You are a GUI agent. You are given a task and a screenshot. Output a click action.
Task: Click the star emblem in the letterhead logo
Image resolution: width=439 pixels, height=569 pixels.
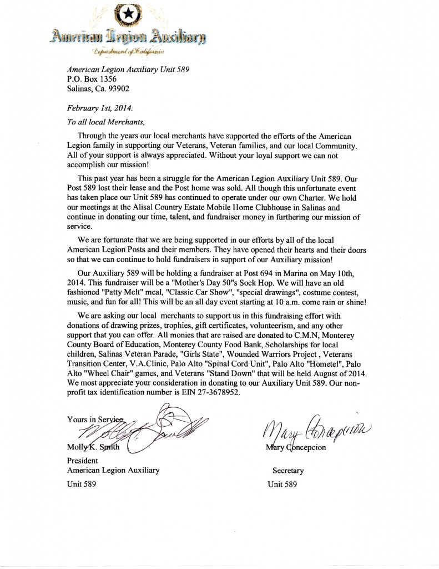click(128, 15)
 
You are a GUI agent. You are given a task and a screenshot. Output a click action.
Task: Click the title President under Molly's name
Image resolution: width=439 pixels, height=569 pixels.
click(82, 461)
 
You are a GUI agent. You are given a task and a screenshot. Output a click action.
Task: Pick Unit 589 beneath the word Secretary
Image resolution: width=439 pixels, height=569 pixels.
click(282, 484)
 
